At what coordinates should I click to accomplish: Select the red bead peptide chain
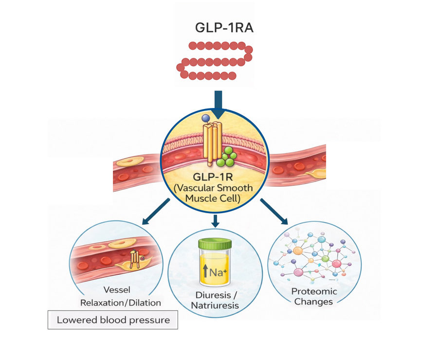coord(215,61)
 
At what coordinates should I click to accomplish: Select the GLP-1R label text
coord(218,178)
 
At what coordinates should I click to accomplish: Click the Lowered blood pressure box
coord(113,320)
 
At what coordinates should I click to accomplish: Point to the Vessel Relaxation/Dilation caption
coord(120,296)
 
